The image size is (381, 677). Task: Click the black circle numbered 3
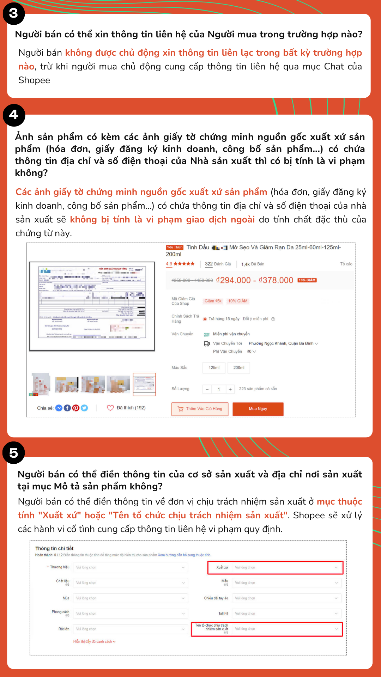pos(13,13)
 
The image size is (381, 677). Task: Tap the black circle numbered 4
pos(14,115)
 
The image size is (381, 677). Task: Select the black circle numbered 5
pos(14,453)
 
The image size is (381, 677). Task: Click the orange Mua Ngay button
pos(258,409)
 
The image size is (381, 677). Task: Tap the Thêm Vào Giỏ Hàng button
pos(200,409)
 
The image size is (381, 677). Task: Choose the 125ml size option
pos(214,368)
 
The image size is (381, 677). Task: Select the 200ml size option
pos(239,368)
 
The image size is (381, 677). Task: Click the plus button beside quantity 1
pos(230,389)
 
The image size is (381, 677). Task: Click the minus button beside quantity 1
pos(207,389)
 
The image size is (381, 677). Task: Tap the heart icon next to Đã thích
pos(110,408)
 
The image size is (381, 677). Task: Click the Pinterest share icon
pos(76,408)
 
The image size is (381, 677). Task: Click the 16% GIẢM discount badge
pos(307,280)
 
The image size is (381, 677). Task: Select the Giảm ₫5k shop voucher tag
pos(213,301)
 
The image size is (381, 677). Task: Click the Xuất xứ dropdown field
pos(286,567)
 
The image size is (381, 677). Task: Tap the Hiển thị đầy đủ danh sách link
pos(94,641)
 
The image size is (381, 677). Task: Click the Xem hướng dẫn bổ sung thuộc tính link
pos(184,555)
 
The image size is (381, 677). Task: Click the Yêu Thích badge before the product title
pos(175,248)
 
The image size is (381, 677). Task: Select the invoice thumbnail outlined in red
pos(144,384)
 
